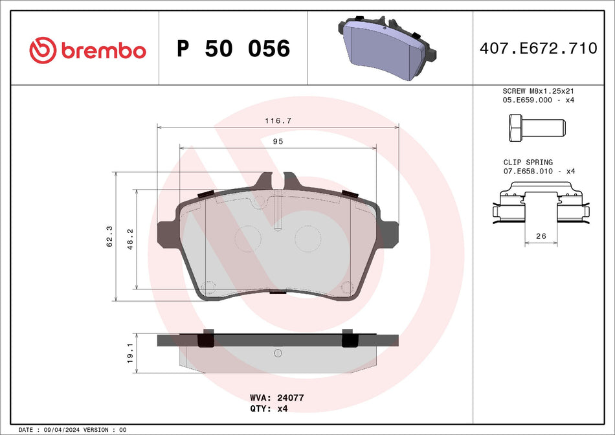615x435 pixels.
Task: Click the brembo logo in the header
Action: [x=88, y=49]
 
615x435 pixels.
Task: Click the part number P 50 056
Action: [x=233, y=49]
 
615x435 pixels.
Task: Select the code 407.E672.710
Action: [x=538, y=49]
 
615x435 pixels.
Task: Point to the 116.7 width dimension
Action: [x=277, y=121]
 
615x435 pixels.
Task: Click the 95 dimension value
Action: [x=278, y=141]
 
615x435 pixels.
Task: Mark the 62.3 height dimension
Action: [x=109, y=236]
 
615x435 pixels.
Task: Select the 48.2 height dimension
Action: [x=129, y=238]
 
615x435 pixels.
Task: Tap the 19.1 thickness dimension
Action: [x=129, y=353]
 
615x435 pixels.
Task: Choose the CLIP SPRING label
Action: [x=528, y=162]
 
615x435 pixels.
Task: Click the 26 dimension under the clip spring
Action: [x=541, y=237]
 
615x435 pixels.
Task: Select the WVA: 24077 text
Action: [x=276, y=398]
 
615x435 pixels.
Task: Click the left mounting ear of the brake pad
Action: [x=167, y=235]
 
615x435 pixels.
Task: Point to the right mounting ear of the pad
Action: [x=390, y=235]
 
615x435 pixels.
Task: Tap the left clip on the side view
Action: [x=206, y=339]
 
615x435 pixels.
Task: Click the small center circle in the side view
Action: [x=278, y=353]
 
